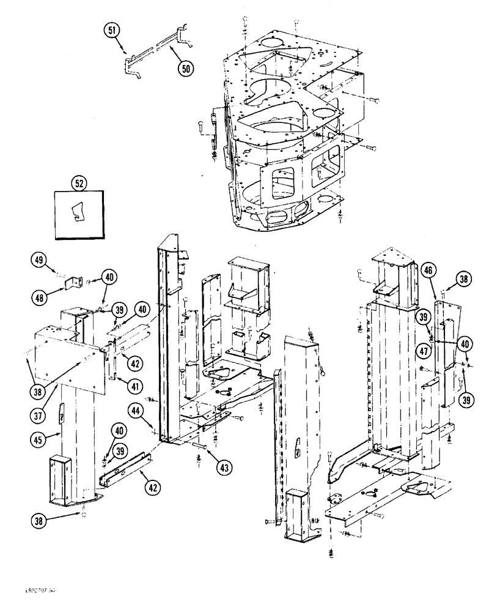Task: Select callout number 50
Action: (185, 69)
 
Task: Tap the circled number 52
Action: (78, 182)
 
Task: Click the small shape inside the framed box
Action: (76, 213)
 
